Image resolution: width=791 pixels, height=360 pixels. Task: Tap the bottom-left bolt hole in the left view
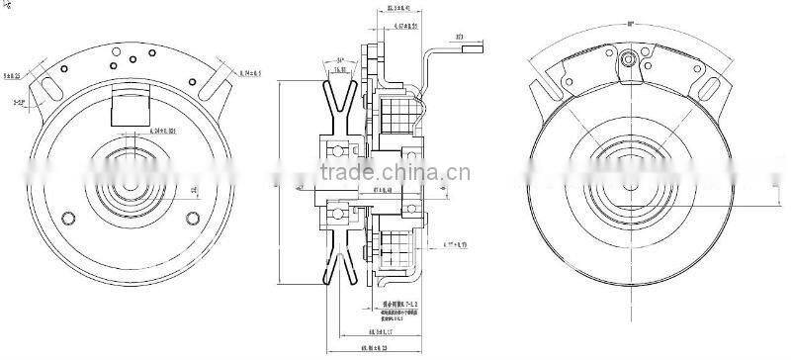(x=67, y=219)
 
